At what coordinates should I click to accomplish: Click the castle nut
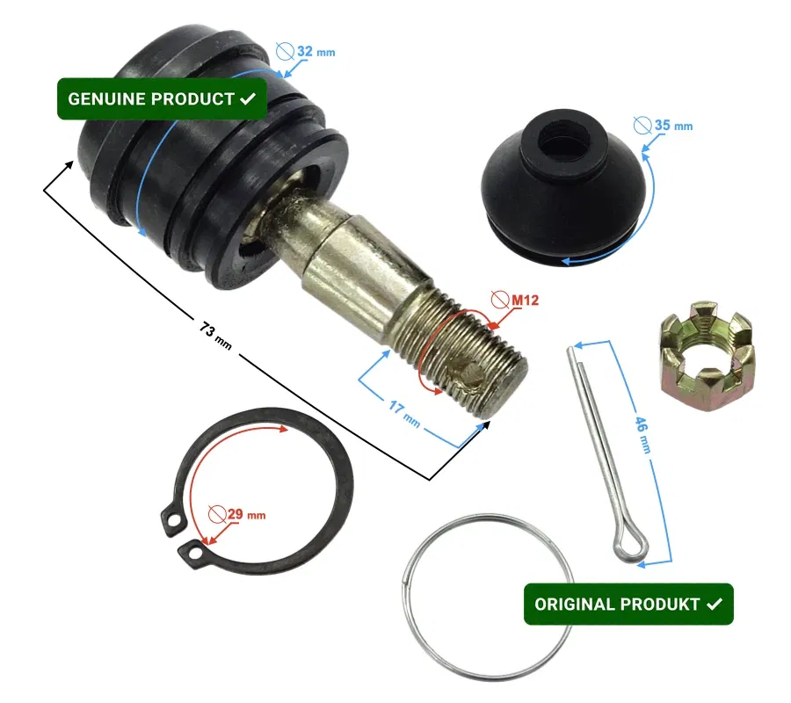(708, 356)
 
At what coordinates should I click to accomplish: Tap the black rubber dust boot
(563, 187)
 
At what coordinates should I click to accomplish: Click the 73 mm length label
(215, 336)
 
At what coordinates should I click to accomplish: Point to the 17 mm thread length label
(404, 413)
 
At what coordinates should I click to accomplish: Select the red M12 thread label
(526, 300)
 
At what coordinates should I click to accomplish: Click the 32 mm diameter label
(316, 52)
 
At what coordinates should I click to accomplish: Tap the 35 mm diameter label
(673, 125)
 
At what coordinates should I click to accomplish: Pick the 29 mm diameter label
(246, 514)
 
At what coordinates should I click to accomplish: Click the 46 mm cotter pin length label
(642, 435)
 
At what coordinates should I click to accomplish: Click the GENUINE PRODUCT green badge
(162, 98)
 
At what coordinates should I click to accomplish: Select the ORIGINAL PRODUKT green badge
(628, 605)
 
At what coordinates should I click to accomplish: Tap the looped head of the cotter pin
(630, 547)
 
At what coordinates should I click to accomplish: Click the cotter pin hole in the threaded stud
(470, 373)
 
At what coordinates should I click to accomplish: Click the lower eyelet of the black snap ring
(193, 554)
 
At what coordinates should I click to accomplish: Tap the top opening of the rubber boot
(564, 140)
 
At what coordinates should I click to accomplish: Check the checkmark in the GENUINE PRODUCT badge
(248, 98)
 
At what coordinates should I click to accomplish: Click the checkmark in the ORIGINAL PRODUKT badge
(715, 604)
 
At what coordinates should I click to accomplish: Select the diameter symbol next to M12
(500, 300)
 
